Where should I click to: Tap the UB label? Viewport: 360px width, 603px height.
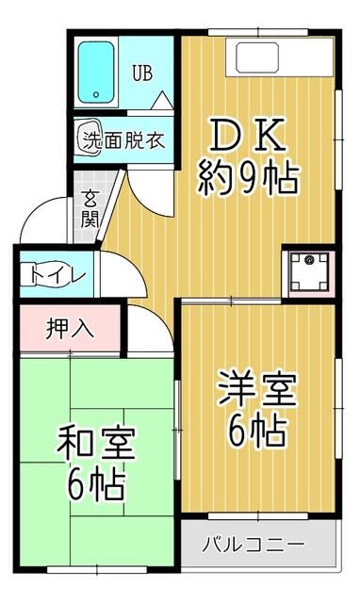[x=142, y=73]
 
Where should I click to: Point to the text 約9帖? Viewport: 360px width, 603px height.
[x=248, y=176]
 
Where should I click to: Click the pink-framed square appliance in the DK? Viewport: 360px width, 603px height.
[x=309, y=272]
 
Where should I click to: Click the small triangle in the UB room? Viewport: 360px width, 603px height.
[x=161, y=99]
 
